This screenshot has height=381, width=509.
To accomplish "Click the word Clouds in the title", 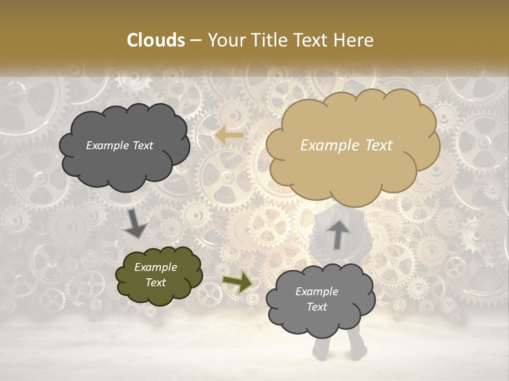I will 156,40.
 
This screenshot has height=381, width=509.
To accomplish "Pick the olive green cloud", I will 159,275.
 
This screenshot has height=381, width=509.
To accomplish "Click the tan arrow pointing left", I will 229,135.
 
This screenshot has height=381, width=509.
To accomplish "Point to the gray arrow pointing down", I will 136,224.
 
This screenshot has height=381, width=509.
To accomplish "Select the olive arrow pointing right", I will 238,282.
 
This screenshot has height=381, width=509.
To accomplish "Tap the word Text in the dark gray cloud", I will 142,146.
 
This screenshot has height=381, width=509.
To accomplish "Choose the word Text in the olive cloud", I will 156,283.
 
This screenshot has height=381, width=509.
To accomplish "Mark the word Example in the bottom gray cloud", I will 317,292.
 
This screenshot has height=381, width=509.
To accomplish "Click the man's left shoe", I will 358,351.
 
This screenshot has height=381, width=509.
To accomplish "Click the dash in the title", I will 195,41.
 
